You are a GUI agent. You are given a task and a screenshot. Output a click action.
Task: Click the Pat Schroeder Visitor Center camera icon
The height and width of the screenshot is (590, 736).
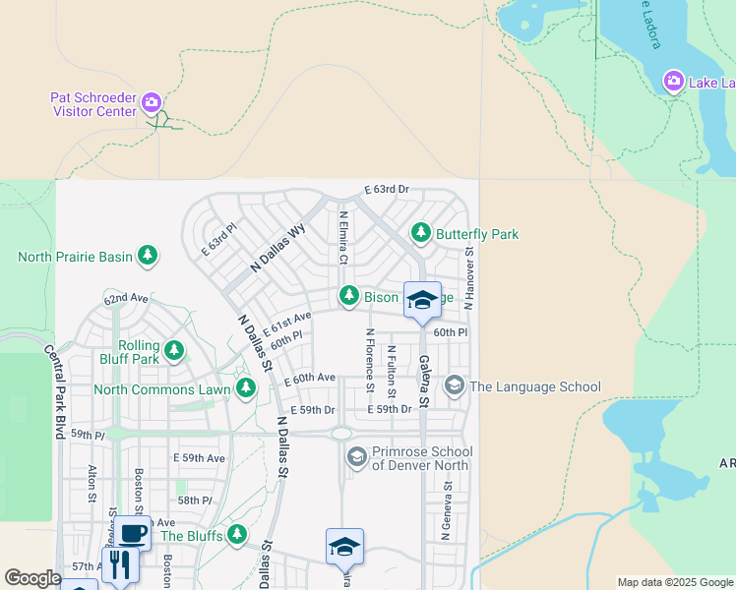[151, 101]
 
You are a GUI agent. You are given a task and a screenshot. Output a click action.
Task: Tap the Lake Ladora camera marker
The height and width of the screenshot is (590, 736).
[674, 81]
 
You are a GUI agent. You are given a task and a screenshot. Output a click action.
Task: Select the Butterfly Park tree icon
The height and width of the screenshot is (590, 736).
[421, 232]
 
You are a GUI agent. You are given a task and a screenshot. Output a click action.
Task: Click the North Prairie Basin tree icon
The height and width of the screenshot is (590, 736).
[147, 256]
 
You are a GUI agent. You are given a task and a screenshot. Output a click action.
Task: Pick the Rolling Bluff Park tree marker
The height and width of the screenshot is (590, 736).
[174, 350]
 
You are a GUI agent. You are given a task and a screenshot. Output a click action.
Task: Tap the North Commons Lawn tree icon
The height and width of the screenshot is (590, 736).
[246, 389]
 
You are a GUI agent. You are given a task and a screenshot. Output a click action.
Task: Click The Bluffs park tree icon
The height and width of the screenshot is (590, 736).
[236, 535]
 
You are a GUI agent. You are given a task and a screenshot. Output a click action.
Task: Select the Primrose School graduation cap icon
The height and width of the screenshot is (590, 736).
[356, 456]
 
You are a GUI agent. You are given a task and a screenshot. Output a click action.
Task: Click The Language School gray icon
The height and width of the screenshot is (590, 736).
[454, 385]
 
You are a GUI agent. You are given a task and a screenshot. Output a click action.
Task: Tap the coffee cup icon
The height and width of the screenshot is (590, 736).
[133, 533]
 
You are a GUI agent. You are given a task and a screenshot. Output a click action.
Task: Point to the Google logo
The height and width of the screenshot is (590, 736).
[32, 578]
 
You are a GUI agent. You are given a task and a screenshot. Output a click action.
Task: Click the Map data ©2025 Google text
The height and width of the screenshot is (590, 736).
[674, 582]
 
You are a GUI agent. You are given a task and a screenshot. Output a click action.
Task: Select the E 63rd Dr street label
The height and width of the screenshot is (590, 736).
[386, 189]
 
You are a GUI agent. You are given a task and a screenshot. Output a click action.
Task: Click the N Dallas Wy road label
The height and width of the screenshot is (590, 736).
[278, 248]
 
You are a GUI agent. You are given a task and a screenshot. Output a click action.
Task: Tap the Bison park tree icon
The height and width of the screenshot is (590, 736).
[348, 295]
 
